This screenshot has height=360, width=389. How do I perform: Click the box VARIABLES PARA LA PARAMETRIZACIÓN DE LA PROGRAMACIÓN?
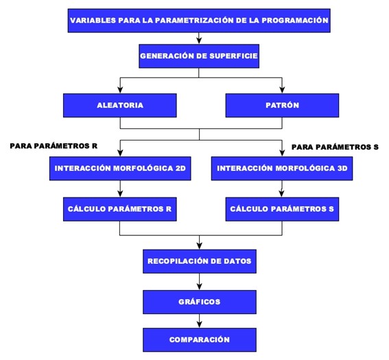coord(199,21)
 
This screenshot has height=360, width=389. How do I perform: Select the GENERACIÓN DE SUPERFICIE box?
coord(199,56)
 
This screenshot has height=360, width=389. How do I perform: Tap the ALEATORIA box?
coord(120,106)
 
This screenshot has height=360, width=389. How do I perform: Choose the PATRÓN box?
coord(282,106)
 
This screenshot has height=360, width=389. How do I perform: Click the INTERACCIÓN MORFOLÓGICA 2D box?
coord(120,169)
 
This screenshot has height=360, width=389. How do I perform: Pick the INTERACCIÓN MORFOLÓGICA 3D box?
coord(282,169)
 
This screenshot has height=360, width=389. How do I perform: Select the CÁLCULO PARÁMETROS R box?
coord(120,209)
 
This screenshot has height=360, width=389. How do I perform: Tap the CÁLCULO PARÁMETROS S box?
coord(282,209)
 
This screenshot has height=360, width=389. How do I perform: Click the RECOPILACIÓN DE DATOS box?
coord(200,261)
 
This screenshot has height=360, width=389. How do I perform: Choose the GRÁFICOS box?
coord(200,302)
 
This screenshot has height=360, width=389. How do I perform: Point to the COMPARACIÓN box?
coord(200,339)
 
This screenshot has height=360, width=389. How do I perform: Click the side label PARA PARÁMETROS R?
coord(54,146)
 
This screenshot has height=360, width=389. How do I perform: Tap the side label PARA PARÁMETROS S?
coord(335,147)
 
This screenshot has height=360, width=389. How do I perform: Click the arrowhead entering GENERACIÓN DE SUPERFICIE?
coord(199,41)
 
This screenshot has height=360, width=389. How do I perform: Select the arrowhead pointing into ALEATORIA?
coord(120,90)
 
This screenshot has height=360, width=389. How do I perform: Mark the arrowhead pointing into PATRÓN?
coord(282,90)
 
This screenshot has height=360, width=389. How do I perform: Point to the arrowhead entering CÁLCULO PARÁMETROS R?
coord(120,194)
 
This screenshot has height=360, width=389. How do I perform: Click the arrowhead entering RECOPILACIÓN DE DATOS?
coord(200,246)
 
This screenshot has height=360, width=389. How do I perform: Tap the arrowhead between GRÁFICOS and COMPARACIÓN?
coord(200,324)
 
